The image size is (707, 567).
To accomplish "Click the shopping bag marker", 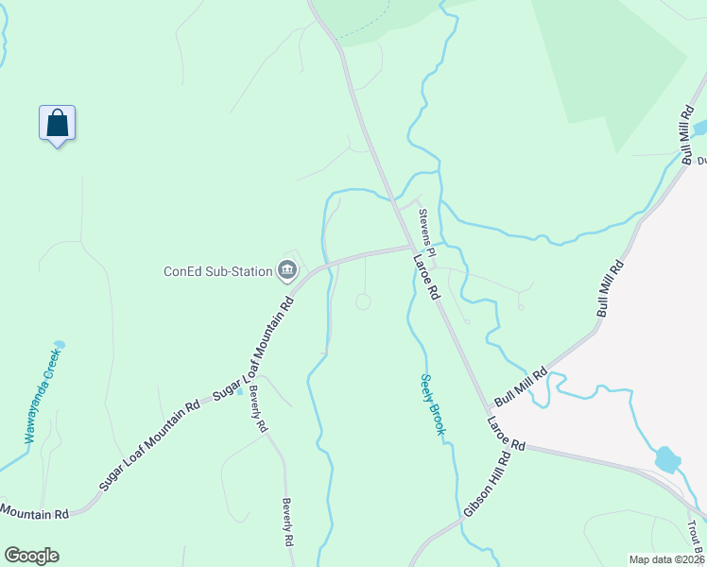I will (x=57, y=124).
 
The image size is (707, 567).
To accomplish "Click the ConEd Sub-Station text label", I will (x=217, y=272).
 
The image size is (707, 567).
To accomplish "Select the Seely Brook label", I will (x=432, y=404).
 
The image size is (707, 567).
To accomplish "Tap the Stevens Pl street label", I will (x=427, y=232).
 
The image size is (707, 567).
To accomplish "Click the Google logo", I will (x=31, y=556).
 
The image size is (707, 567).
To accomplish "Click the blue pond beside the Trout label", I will (x=667, y=459).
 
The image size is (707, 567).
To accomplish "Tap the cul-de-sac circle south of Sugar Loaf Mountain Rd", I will (x=363, y=301).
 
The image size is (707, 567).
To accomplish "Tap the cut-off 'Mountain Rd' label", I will (x=35, y=513).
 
